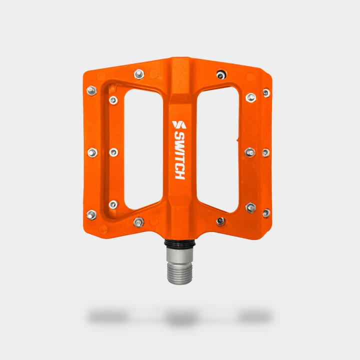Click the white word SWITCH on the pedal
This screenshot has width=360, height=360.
[x=179, y=155]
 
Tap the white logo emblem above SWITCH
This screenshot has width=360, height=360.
[x=179, y=124]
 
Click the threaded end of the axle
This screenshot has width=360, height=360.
[x=180, y=273]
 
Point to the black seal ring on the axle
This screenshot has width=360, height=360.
[x=179, y=243]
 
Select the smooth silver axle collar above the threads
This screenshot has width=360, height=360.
[x=180, y=255]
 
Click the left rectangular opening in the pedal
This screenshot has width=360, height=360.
[x=143, y=149]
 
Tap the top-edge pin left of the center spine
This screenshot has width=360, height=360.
[x=139, y=74]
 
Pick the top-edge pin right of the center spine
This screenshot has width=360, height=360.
[x=221, y=74]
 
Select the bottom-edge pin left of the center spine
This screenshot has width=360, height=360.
[x=138, y=222]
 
